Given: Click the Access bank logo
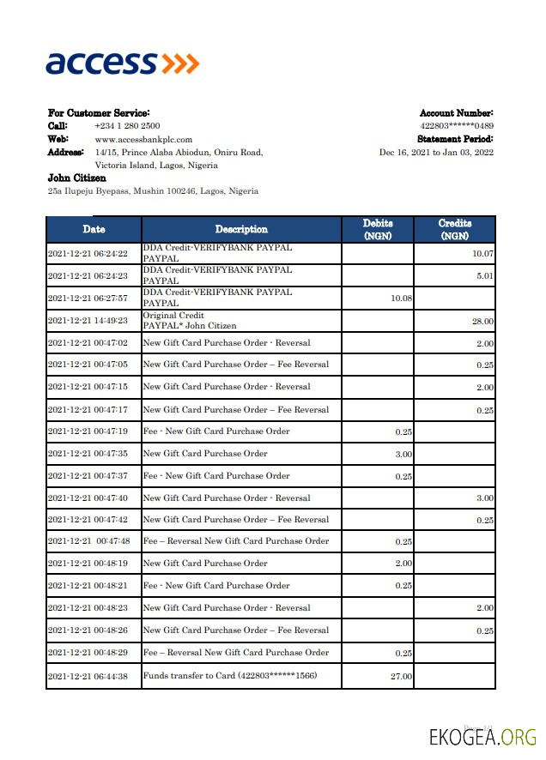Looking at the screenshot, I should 122,63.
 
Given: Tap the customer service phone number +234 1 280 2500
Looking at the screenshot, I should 127,126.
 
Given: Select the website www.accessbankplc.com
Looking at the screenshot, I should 143,139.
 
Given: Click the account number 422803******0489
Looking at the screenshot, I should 457,126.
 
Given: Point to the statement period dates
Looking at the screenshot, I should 436,152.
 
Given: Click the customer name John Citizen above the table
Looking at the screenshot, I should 77,178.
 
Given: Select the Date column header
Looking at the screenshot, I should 94,229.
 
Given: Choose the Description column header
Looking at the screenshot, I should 241,229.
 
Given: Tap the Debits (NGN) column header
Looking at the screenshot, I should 378,229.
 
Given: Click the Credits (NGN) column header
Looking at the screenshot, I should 454,229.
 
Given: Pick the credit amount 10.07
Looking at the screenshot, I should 482,254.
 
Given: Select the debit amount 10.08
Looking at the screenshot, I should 401,299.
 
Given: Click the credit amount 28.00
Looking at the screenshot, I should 482,321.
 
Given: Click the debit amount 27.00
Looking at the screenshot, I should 401,676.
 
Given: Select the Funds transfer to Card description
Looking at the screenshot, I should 229,676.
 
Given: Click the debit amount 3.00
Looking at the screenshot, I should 403,454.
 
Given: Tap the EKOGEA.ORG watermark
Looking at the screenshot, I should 483,736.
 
